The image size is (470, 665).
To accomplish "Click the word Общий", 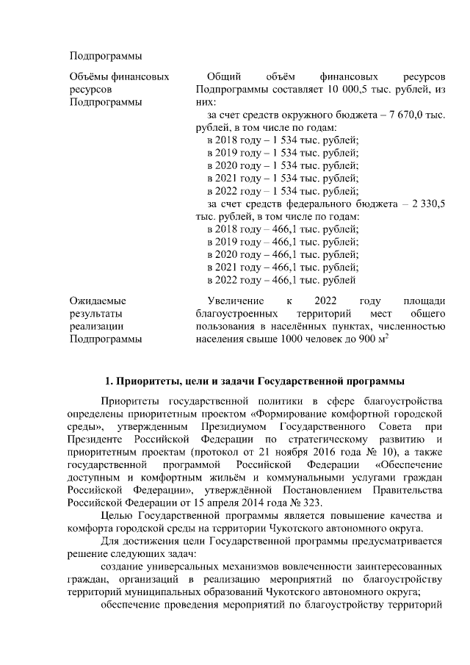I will pyautogui.click(x=222, y=76).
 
